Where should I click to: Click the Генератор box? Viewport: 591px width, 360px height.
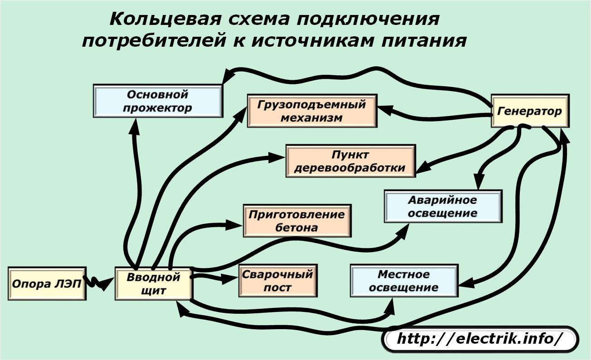(530, 111)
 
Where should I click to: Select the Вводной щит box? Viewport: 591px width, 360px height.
(154, 284)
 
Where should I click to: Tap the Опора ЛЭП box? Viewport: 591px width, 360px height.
(47, 284)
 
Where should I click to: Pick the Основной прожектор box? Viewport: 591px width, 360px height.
(158, 101)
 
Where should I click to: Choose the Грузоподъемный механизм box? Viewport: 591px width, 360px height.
(312, 111)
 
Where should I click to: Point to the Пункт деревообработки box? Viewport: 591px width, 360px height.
(351, 161)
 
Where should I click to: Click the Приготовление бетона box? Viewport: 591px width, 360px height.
(297, 221)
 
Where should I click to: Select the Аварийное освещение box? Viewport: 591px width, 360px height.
(443, 206)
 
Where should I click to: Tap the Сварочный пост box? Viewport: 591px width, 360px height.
(278, 281)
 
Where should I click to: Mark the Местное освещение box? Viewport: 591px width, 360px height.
(404, 281)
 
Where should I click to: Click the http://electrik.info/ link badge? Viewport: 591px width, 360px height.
(480, 339)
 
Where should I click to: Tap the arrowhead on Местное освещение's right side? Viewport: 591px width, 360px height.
(466, 284)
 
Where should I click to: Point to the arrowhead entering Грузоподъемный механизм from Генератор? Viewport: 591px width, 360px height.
(386, 110)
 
